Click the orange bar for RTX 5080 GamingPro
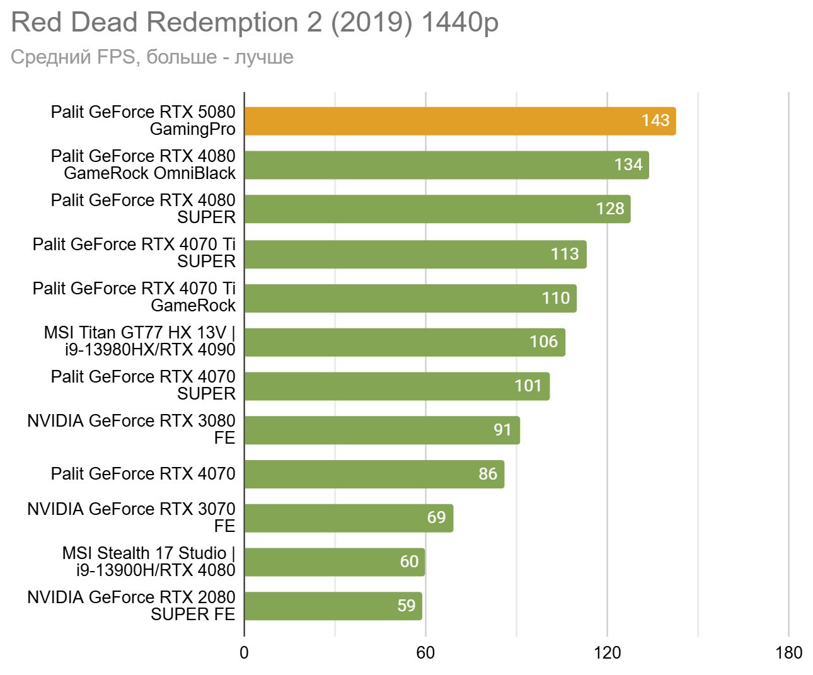[x=459, y=121]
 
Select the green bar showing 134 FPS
[x=446, y=165]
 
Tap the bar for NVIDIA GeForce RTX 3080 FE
[x=382, y=430]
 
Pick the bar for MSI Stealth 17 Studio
[x=334, y=562]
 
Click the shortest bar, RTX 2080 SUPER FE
[x=333, y=606]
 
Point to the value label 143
[x=655, y=120]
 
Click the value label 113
[x=565, y=254]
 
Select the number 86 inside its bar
[x=488, y=474]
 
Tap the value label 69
[x=436, y=517]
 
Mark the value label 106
[x=543, y=342]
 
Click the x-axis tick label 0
[x=244, y=653]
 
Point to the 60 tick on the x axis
[x=425, y=653]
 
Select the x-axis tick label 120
[x=607, y=653]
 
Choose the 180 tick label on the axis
[x=788, y=653]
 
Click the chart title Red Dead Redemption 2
[x=255, y=23]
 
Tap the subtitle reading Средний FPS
[x=152, y=57]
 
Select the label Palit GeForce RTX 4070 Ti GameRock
[x=134, y=297]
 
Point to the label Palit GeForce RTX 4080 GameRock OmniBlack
[x=143, y=164]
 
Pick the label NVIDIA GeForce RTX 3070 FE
[x=131, y=517]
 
